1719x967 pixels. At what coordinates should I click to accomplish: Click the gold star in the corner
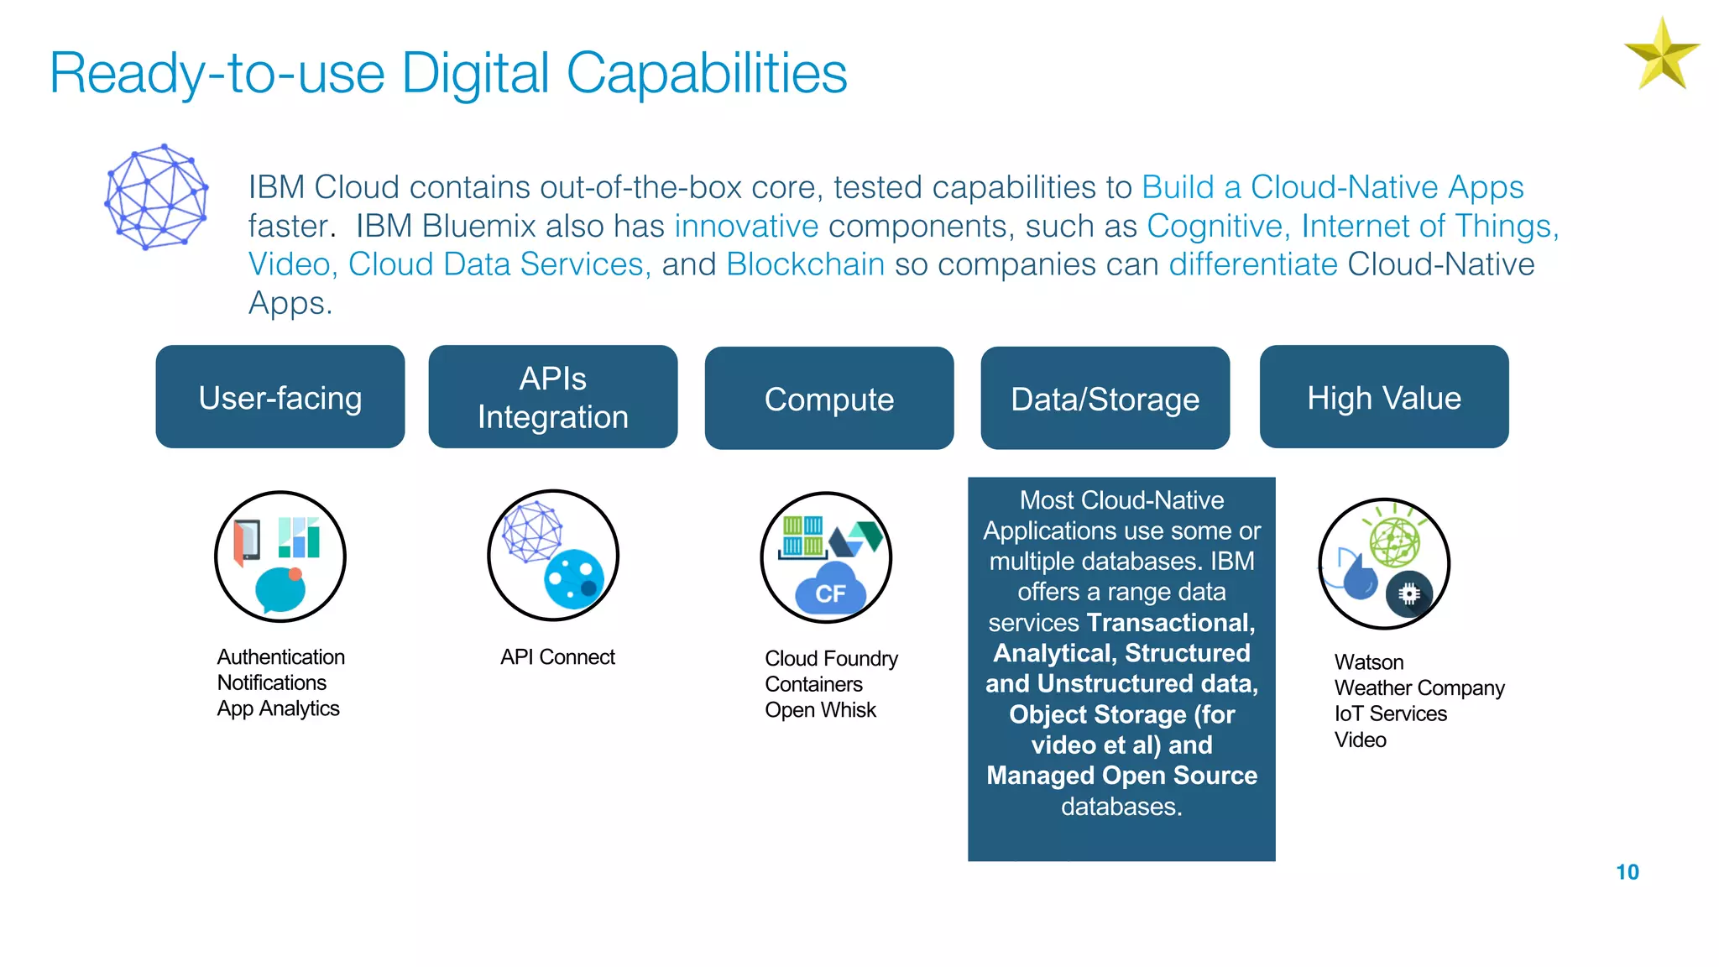(1661, 55)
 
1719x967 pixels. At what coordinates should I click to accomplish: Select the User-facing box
(280, 397)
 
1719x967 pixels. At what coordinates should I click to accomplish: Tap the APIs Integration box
(553, 397)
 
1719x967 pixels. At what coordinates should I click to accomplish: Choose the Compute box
(829, 399)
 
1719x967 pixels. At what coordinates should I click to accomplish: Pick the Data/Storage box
(1105, 399)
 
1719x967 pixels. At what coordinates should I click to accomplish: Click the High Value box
(1384, 397)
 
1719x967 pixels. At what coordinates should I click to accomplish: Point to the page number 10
(1627, 872)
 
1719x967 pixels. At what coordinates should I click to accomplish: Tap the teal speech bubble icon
(280, 590)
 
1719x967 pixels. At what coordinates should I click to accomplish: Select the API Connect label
(557, 657)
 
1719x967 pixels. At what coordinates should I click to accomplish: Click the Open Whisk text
(820, 710)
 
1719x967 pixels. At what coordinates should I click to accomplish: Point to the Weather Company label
(1419, 688)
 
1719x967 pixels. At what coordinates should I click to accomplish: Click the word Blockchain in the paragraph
(805, 264)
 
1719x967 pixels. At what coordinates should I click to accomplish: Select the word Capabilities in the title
(707, 73)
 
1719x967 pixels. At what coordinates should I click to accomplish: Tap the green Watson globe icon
(1394, 541)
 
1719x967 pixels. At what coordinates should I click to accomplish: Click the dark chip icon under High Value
(1409, 594)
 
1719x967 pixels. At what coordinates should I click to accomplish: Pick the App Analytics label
(278, 708)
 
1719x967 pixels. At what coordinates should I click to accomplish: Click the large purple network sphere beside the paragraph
(156, 197)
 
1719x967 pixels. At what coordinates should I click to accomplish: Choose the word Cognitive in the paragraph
(1215, 226)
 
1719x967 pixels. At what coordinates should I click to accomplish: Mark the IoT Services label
(1391, 714)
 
